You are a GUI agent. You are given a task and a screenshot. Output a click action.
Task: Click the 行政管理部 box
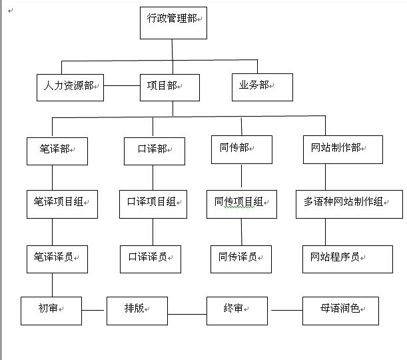[173, 23]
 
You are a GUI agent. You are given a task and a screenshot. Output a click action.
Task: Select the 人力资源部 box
[70, 87]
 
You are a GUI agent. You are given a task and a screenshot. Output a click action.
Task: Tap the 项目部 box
[170, 87]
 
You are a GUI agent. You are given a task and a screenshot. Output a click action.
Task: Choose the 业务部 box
[262, 87]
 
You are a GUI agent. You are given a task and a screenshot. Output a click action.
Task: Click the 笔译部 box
[57, 151]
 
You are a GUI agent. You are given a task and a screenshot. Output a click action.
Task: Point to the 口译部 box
[155, 151]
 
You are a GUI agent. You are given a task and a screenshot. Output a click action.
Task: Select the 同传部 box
[242, 149]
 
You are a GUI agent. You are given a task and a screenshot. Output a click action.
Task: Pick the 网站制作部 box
[343, 149]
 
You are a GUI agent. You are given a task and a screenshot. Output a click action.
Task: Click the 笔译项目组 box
[63, 204]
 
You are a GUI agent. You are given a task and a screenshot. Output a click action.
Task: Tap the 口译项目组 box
[153, 204]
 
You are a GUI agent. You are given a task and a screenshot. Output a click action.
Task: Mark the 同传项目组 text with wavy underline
[238, 202]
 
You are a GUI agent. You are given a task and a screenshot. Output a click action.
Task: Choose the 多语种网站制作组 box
[349, 204]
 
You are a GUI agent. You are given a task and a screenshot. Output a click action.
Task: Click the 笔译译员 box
[57, 259]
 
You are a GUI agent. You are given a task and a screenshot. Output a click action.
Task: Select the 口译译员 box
[151, 259]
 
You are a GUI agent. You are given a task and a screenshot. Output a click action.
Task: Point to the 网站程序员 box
[348, 259]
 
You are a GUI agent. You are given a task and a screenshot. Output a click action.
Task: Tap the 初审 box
[51, 311]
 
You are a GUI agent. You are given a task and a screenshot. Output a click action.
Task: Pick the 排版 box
[137, 311]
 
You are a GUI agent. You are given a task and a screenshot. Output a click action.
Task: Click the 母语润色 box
[340, 311]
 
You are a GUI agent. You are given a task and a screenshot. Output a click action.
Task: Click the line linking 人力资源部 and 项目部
[122, 86]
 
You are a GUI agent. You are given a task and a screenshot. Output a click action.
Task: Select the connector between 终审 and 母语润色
[287, 310]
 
